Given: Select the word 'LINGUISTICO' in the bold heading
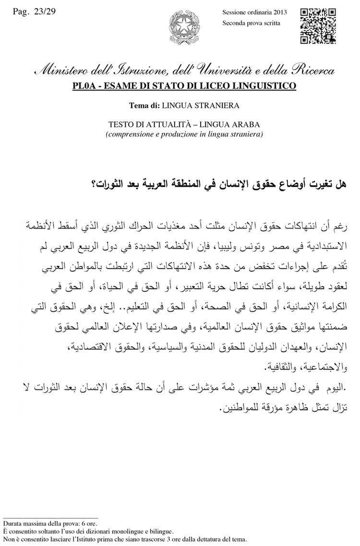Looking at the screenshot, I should pos(269,86).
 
